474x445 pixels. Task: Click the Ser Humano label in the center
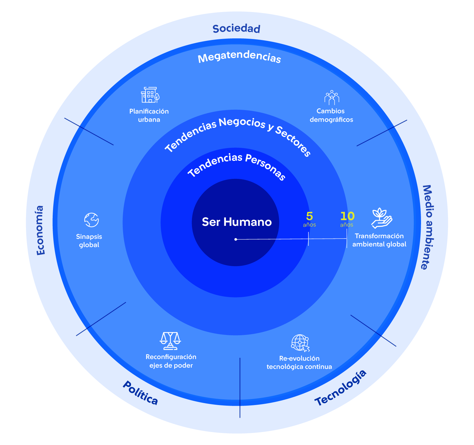(237, 222)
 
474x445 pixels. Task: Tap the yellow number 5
(309, 216)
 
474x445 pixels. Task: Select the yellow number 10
(347, 216)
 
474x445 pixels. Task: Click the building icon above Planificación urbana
(150, 95)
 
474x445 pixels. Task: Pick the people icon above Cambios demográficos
(332, 97)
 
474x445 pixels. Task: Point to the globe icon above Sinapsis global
(91, 220)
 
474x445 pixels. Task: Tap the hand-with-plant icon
(381, 218)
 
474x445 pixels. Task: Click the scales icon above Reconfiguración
(170, 341)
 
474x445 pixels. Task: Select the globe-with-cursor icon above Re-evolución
(300, 343)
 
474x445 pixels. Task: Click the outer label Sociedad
(236, 29)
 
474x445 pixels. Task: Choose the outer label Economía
(40, 230)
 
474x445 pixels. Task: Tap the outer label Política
(140, 393)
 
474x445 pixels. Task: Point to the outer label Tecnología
(340, 388)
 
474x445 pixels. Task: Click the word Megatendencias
(239, 58)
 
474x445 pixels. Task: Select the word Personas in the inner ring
(265, 167)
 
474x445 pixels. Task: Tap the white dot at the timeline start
(236, 239)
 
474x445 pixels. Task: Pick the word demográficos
(331, 120)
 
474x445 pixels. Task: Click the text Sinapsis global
(89, 241)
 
